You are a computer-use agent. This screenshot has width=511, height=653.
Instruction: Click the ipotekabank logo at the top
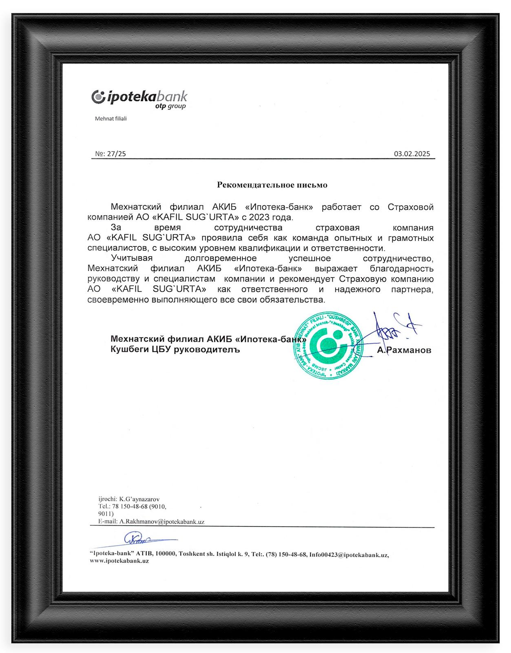[x=139, y=97]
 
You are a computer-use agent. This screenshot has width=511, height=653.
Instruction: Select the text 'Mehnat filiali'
[x=111, y=119]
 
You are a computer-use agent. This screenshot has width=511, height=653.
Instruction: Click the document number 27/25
[x=116, y=154]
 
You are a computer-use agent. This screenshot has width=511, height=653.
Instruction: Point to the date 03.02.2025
[x=412, y=154]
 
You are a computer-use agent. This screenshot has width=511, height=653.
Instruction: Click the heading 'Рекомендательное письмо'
[x=272, y=185]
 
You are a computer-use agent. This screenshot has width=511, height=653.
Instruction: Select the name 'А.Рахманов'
[x=404, y=350]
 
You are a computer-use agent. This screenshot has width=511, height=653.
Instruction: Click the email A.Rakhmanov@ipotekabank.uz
[x=161, y=522]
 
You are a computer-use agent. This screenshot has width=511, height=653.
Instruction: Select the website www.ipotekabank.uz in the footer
[x=119, y=561]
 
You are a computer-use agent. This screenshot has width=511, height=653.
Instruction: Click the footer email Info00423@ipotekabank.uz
[x=348, y=555]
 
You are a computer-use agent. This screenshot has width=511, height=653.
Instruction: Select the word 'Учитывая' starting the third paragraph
[x=132, y=258]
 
